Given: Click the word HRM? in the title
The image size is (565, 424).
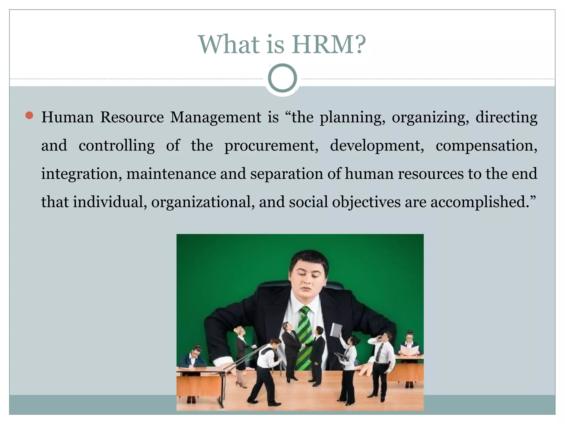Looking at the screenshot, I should point(329,45).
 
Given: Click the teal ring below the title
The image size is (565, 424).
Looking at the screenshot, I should point(282,78).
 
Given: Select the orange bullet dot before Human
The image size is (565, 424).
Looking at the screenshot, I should point(29,115).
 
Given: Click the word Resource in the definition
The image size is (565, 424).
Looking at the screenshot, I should point(132,117).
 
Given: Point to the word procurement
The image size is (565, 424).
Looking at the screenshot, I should point(271,146).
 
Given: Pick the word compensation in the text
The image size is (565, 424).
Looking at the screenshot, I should point(486,146).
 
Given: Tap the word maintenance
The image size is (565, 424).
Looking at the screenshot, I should point(171,174).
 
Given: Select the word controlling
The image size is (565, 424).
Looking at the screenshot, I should point(117,146).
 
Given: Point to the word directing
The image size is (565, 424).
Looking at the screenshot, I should point(506,117).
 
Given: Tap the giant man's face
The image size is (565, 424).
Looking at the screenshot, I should point(308,279).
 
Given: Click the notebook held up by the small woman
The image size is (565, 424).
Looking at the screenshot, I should point(336,330).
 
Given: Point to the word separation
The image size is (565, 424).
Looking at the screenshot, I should point(286,174).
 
